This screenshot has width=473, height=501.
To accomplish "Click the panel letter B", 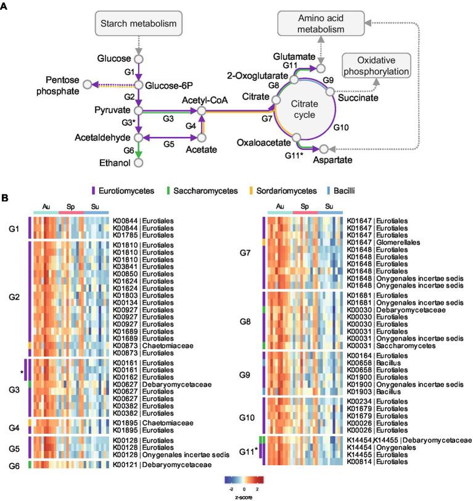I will [x=5, y=199].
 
